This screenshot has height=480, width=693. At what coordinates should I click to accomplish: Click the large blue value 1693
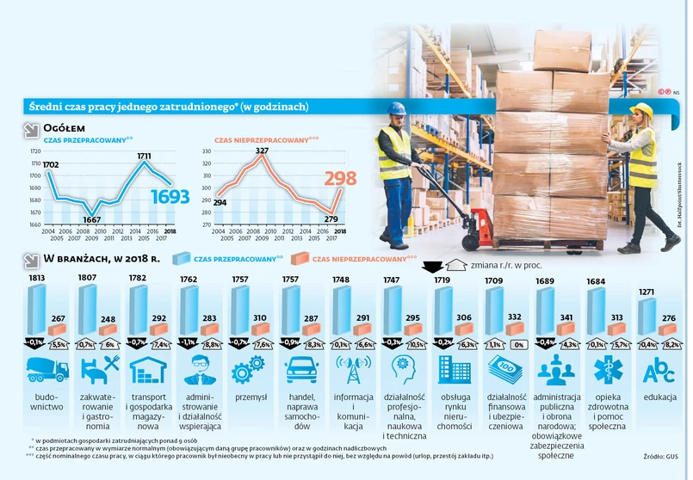click(170, 198)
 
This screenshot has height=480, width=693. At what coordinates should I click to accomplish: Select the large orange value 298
click(339, 180)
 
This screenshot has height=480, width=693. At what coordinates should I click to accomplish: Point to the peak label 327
click(262, 151)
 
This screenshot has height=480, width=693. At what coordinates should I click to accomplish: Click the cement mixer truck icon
click(46, 371)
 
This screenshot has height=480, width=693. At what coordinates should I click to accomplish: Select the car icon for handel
click(299, 371)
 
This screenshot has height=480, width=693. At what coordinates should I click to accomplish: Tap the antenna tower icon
click(351, 371)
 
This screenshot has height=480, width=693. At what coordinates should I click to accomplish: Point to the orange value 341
click(569, 317)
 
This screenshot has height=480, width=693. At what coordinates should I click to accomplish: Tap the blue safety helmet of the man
click(395, 108)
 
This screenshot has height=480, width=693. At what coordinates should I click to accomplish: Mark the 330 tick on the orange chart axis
click(206, 151)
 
